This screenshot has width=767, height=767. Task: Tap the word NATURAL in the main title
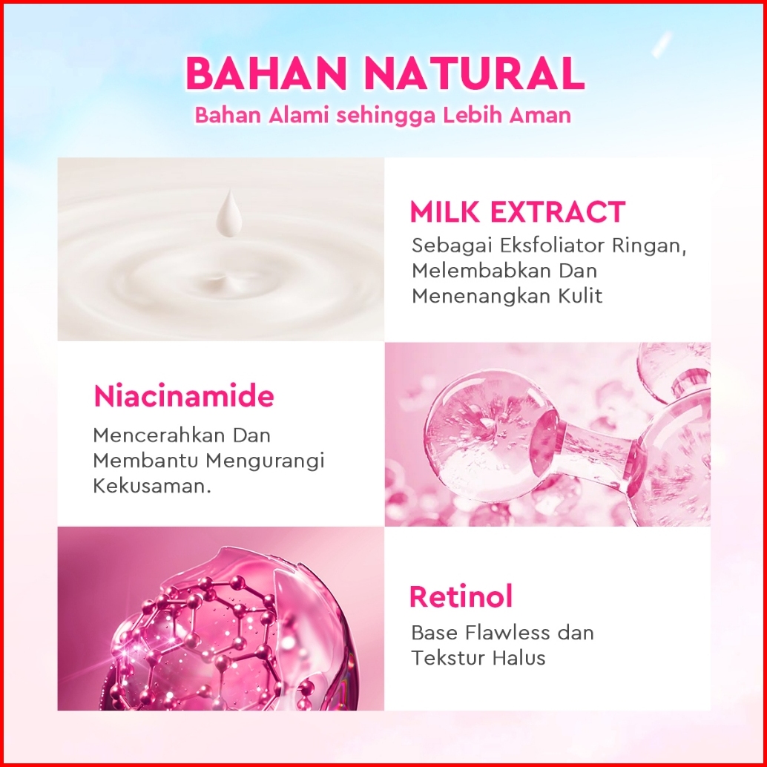(474, 73)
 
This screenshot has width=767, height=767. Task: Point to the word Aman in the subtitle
(540, 115)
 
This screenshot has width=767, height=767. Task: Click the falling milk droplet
(229, 214)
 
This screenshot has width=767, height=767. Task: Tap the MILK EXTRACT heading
(518, 212)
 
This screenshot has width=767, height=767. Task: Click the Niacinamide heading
(184, 396)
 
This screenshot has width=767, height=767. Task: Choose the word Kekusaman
(151, 486)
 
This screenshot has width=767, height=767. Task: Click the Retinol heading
(461, 596)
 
